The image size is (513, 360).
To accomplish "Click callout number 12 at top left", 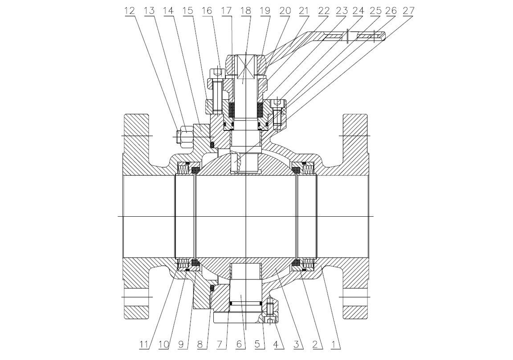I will pos(129,10).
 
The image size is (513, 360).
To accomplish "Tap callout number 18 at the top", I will pos(245,10).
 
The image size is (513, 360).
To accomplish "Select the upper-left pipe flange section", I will pos(136,133).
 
